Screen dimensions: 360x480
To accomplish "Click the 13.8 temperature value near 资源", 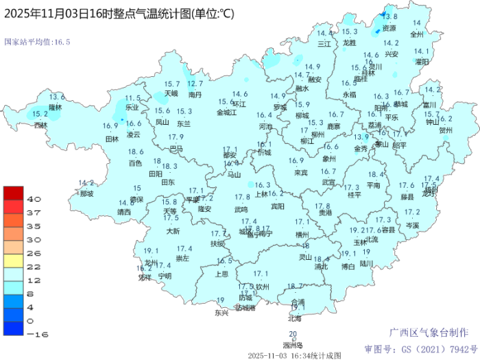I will point(389,16).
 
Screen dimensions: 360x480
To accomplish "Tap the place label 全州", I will point(416,34).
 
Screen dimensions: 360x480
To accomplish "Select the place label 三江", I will point(324,43).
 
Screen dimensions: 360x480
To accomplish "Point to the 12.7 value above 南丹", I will point(195,84).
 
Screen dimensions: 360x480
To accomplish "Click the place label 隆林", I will point(56,107).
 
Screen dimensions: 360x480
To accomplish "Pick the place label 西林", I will point(41,125).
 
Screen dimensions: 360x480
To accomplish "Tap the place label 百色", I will point(135,163).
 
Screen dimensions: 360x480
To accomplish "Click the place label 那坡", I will point(86,193).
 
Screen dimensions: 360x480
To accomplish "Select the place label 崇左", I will point(183,259).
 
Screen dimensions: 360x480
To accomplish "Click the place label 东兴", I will point(221,313).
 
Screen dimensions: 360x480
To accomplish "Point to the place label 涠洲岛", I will point(293,345).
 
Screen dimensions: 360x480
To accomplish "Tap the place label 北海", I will point(295,318).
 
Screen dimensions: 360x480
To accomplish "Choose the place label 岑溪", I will point(411,224).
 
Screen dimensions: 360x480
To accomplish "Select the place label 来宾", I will point(300,172).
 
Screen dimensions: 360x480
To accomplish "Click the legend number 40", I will point(34,198).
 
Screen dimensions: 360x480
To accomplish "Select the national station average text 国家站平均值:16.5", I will point(38,42).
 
